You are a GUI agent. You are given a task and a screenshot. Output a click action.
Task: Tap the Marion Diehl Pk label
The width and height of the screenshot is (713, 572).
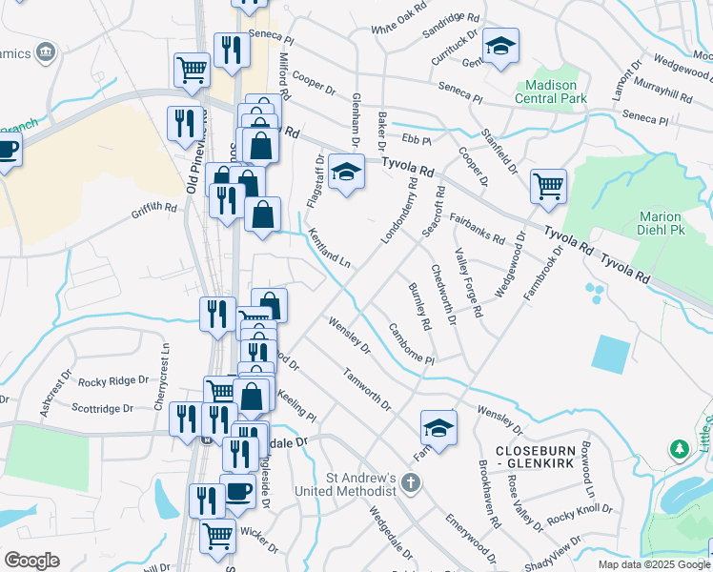pos(660,224)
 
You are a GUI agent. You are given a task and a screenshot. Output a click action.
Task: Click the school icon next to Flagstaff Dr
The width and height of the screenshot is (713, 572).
pos(346,172)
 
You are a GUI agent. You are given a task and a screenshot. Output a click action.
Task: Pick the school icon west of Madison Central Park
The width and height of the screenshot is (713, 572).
pos(499,47)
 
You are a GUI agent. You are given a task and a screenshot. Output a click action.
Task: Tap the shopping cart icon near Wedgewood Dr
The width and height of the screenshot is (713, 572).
pos(548,187)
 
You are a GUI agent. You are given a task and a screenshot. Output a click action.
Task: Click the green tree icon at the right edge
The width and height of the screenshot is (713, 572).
pos(679,447)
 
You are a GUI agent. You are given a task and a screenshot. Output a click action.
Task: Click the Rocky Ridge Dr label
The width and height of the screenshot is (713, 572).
pos(113,381)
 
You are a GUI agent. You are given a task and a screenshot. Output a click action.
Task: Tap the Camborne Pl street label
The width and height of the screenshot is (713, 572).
pos(411,345)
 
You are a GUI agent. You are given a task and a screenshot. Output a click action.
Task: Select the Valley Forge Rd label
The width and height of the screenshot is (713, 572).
pos(466,282)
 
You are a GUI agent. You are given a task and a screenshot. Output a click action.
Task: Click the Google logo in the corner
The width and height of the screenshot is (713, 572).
pos(31,561)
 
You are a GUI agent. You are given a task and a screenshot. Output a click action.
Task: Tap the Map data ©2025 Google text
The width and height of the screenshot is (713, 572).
pos(653,564)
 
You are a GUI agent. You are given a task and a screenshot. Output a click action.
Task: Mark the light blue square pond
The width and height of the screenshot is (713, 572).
pos(610,353)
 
